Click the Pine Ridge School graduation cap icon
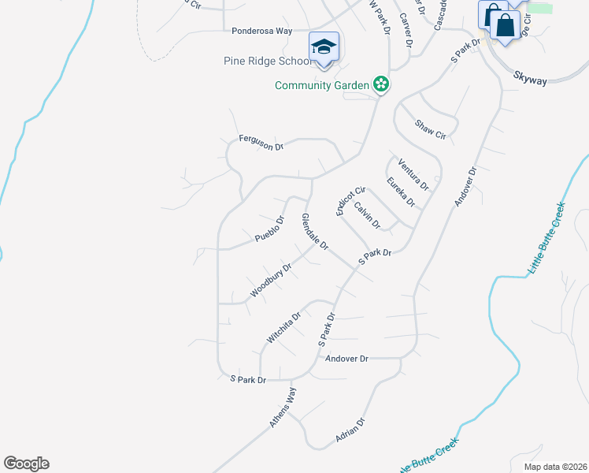tap(324, 47)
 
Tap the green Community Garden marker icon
tap(381, 84)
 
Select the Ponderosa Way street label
tap(262, 31)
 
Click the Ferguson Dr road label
tap(261, 143)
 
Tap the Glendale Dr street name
tap(315, 232)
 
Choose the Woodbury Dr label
tap(272, 280)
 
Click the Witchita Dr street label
tap(283, 328)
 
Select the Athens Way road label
tap(283, 407)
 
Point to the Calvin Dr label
tap(367, 215)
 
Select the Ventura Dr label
tap(413, 174)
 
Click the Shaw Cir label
tap(431, 129)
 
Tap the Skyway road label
tap(529, 76)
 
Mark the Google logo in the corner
tap(26, 464)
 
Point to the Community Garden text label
tap(322, 85)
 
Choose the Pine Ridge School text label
tap(269, 61)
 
